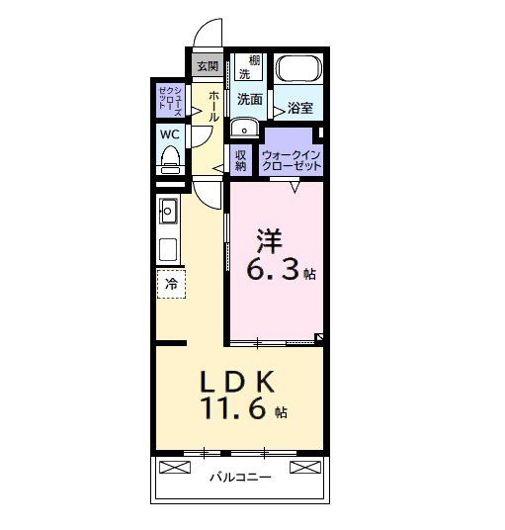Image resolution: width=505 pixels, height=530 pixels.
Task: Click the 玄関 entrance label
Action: (207, 66)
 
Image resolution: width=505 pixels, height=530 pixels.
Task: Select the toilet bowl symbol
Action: (169, 158)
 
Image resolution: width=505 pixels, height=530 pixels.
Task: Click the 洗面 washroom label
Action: (249, 100)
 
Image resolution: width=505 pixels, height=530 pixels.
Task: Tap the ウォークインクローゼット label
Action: (292, 160)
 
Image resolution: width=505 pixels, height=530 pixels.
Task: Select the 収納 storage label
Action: (241, 159)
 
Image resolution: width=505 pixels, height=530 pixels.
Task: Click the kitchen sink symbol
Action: (168, 211)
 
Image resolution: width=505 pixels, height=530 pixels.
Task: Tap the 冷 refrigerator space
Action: (170, 284)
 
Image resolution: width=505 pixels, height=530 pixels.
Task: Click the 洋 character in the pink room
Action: (270, 239)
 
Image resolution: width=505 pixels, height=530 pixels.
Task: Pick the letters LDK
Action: (237, 381)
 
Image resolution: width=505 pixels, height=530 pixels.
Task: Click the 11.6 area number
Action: (235, 408)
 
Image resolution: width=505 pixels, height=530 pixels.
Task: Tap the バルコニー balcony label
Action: (236, 478)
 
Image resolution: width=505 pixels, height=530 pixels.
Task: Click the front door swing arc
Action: (206, 35)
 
